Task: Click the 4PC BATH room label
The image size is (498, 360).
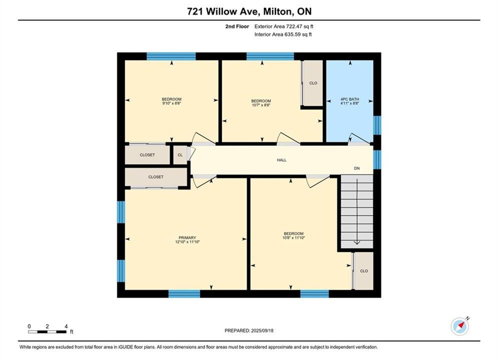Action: (x=350, y=99)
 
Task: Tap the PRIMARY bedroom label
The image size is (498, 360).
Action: (x=187, y=237)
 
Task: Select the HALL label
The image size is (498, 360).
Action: (x=282, y=160)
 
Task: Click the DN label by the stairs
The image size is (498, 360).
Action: (x=357, y=168)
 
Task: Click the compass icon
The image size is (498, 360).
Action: (x=460, y=325)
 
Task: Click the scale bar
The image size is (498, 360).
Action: (x=48, y=332)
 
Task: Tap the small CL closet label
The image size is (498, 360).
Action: (x=180, y=155)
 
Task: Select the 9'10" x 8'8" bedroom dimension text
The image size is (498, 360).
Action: (x=172, y=103)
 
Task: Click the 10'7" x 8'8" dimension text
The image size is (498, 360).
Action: (x=261, y=105)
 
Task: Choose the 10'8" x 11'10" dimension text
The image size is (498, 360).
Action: (x=294, y=237)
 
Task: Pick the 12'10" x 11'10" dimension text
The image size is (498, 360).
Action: (x=187, y=241)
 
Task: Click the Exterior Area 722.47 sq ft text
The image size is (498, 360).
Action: (x=284, y=26)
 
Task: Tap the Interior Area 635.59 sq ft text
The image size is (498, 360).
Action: (x=283, y=34)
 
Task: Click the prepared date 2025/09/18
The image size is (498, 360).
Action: (x=262, y=330)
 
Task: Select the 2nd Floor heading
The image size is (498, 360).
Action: (x=237, y=26)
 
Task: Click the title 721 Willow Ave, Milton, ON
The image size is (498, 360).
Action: (x=249, y=11)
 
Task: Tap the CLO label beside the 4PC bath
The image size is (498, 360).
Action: (x=313, y=83)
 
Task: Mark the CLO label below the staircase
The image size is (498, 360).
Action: (x=364, y=271)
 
